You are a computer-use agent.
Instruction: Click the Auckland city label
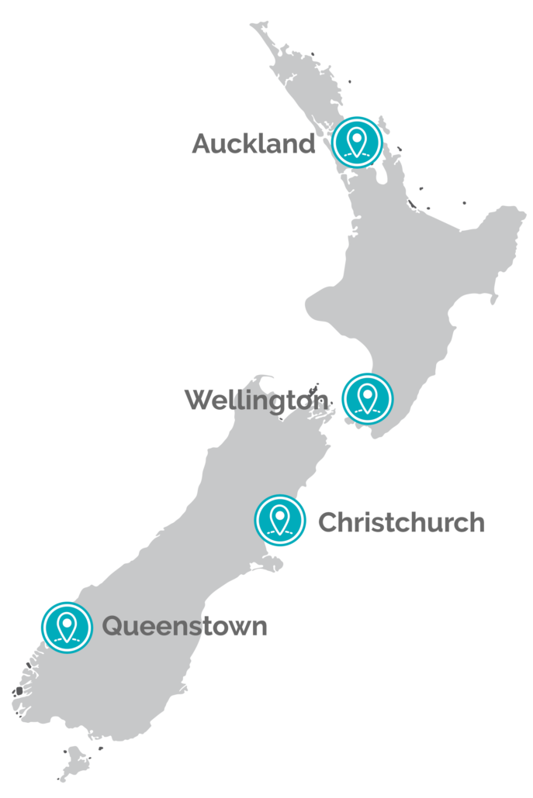click(253, 144)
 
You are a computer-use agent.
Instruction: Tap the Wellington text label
click(257, 401)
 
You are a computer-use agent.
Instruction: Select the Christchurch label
click(401, 522)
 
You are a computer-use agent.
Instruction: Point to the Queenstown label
click(185, 626)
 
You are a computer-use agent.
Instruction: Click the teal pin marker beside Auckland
click(357, 142)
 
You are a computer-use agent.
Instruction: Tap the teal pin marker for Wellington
click(367, 398)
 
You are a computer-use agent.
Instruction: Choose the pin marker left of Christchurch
click(280, 520)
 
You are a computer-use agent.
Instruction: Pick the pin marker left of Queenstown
click(67, 627)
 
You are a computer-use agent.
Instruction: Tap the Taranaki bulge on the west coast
click(318, 308)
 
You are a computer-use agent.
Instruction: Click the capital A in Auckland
click(202, 144)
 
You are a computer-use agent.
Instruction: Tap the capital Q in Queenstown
click(114, 626)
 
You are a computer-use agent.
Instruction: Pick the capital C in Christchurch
click(329, 522)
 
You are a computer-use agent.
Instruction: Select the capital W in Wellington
click(199, 401)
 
